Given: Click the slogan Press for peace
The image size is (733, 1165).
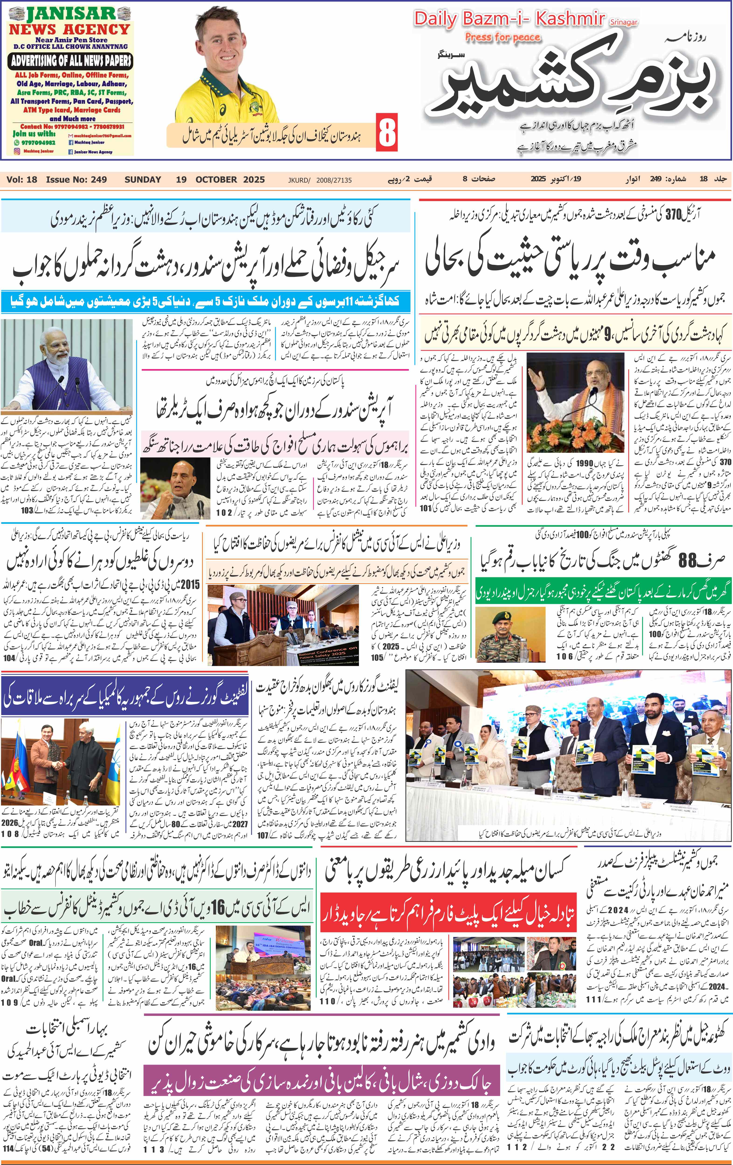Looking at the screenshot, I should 502,37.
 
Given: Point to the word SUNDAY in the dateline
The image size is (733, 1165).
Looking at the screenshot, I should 143,179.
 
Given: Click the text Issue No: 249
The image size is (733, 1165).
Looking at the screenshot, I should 76,179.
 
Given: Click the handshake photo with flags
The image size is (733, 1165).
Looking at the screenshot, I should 63,762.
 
